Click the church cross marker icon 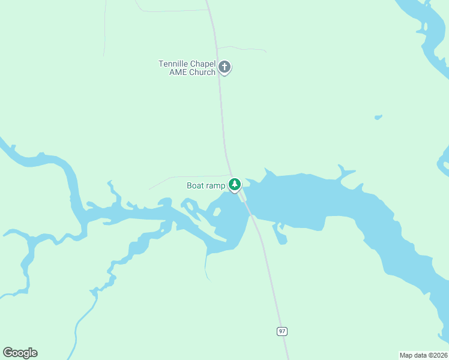(224, 67)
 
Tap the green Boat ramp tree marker (235, 184)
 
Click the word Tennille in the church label (173, 64)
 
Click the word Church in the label (202, 73)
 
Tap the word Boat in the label (196, 185)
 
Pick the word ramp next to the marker (215, 186)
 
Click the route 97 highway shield (282, 331)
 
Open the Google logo (20, 353)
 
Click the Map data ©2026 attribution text (423, 355)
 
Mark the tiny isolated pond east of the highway (378, 117)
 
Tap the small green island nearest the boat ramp (217, 211)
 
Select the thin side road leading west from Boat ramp (180, 178)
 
